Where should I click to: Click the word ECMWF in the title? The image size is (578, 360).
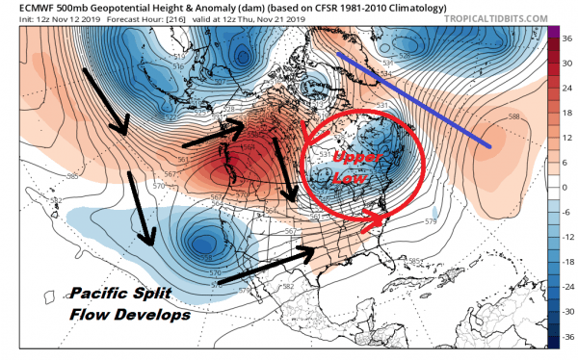coord(22,6)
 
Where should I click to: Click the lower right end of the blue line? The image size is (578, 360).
coord(491,146)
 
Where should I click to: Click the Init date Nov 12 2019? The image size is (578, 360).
coord(53,18)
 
